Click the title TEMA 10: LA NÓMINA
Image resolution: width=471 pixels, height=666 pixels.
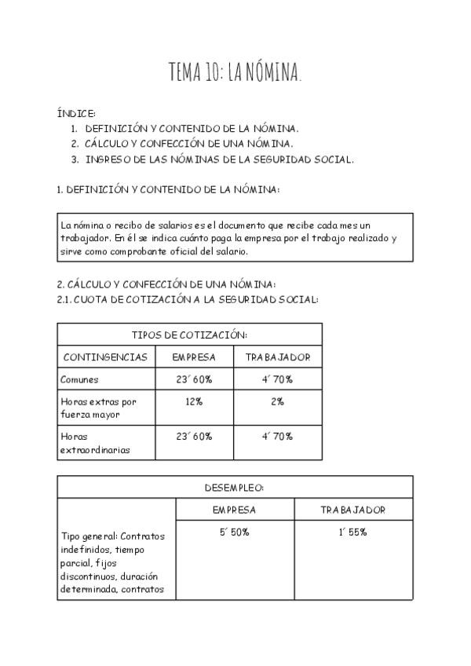tap(235, 73)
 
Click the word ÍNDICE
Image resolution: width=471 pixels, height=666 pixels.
tap(76, 114)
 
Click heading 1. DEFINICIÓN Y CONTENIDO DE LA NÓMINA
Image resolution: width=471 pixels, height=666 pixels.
tap(169, 189)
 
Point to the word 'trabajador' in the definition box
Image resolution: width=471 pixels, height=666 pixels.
tap(84, 238)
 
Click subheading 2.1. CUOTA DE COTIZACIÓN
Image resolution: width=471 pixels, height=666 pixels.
tap(188, 299)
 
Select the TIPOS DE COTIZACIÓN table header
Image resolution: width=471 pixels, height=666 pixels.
tap(189, 334)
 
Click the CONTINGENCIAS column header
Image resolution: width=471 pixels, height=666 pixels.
tap(105, 357)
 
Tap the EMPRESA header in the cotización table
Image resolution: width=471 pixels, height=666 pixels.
tap(194, 357)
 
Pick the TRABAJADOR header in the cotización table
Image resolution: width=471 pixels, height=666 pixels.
tap(278, 357)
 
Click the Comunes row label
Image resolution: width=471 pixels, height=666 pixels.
tap(79, 379)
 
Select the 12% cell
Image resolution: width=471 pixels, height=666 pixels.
tap(194, 401)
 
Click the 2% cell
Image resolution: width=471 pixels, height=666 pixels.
tap(278, 401)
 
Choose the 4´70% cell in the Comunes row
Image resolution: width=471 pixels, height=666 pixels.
tap(278, 379)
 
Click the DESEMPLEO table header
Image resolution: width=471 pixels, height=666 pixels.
tap(235, 487)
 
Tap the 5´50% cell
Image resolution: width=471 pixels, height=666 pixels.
tap(235, 532)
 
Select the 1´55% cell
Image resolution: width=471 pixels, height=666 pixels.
tap(353, 532)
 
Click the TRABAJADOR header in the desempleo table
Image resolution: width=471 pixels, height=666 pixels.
tap(353, 510)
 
